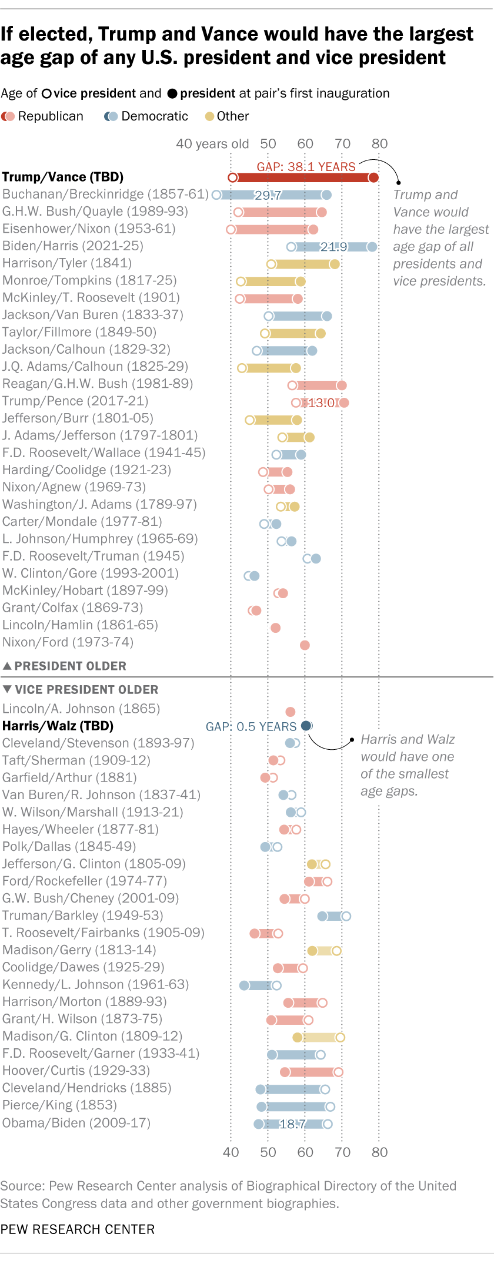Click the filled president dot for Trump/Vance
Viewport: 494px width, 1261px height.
coord(373,177)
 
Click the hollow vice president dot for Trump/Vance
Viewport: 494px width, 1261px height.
coord(232,177)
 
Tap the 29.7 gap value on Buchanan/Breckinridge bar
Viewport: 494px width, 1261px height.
coord(268,195)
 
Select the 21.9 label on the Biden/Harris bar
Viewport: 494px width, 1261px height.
coord(333,247)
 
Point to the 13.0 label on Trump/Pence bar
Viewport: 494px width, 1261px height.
coord(321,403)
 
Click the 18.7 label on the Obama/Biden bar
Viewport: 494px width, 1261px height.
coord(292,1124)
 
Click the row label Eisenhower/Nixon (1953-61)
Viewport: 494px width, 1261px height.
coord(89,229)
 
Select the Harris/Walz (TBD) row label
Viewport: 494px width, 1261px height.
coord(58,726)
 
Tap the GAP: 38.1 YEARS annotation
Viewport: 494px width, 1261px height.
coord(306,167)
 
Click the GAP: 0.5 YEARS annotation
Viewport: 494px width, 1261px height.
coord(251,727)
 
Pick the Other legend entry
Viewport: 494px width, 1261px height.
coord(227,116)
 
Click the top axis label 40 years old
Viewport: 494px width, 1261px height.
coord(212,144)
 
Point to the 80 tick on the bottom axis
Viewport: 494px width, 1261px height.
coord(379,1152)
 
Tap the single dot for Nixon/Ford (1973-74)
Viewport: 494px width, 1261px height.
coord(305,645)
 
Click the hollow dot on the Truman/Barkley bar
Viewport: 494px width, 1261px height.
coord(346,916)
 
